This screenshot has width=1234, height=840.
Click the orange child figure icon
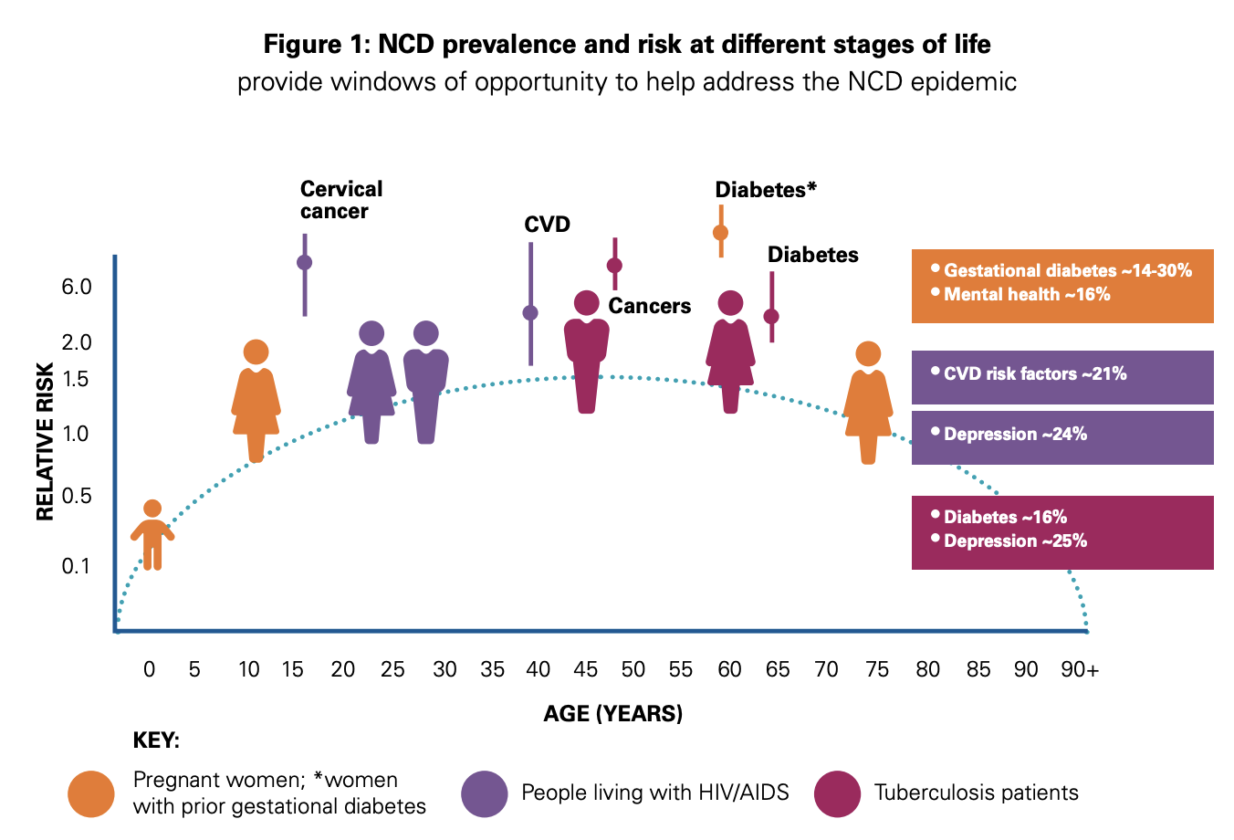point(152,536)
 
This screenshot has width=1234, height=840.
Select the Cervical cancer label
point(340,200)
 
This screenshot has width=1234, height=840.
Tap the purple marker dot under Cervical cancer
point(305,262)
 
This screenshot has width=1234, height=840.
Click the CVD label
point(547,225)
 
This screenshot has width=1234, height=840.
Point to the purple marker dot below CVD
point(530,313)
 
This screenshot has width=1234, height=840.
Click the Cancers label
point(650,306)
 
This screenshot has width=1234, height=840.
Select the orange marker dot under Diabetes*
point(720,232)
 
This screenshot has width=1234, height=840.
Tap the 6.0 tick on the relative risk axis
point(77,287)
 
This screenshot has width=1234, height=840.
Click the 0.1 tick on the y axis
point(77,566)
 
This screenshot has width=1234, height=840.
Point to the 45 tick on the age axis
point(585,669)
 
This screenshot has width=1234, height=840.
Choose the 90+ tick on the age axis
point(1080,669)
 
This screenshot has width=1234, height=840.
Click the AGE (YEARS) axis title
point(612,713)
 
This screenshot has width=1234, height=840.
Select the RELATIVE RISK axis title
point(46,442)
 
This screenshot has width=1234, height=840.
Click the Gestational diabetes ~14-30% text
point(1067,270)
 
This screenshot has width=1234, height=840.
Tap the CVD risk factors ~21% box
point(1062,377)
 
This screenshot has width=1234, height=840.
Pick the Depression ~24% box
point(1062,437)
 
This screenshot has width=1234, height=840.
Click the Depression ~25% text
point(1015,541)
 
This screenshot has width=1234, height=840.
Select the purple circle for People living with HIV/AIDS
point(484,793)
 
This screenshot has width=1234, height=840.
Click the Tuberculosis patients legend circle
point(837,793)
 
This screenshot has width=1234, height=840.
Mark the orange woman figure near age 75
point(868,403)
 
